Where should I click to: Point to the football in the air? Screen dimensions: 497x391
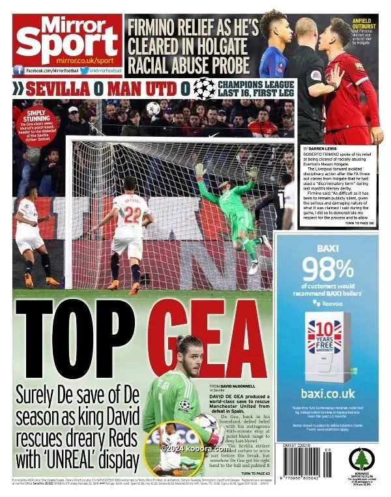[x=153, y=108]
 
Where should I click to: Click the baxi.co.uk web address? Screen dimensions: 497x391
[x=328, y=393]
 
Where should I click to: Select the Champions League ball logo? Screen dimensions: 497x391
[x=204, y=88]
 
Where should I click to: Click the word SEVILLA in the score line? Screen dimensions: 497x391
[x=57, y=88]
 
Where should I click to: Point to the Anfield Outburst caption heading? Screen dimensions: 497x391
[x=363, y=22]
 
